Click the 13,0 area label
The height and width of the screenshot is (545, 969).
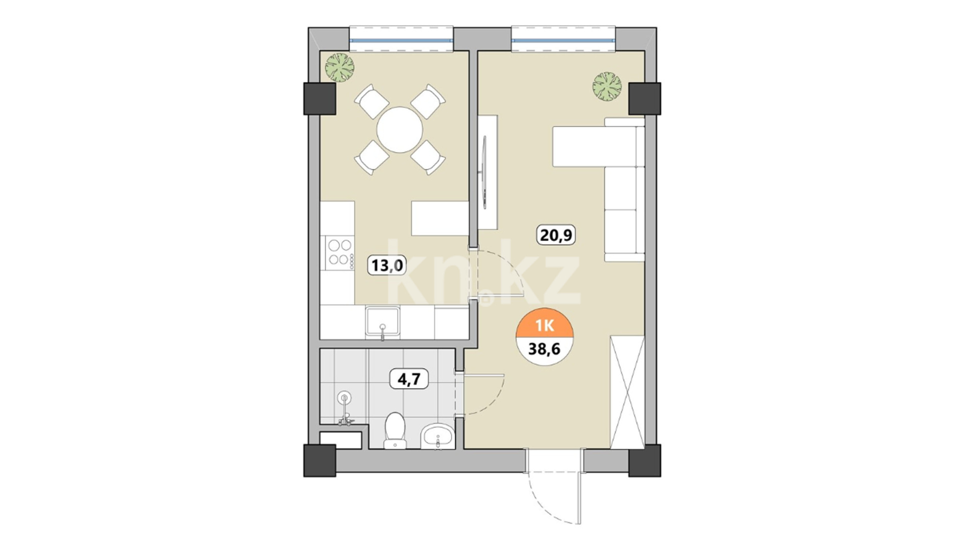click(x=388, y=264)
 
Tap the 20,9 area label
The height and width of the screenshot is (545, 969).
click(x=557, y=235)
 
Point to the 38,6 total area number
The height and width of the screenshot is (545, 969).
click(x=545, y=348)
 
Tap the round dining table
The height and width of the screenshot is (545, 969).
click(x=400, y=130)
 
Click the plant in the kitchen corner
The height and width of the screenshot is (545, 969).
click(x=340, y=67)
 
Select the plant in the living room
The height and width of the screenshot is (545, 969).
click(x=607, y=86)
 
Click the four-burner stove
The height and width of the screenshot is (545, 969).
click(x=340, y=252)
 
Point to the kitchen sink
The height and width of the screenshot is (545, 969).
click(x=383, y=322)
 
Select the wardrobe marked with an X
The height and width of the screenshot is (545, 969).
click(x=627, y=391)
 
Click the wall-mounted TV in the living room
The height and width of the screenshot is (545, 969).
click(x=485, y=172)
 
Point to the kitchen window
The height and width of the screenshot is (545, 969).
click(x=401, y=39)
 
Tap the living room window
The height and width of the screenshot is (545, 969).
click(x=564, y=39)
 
